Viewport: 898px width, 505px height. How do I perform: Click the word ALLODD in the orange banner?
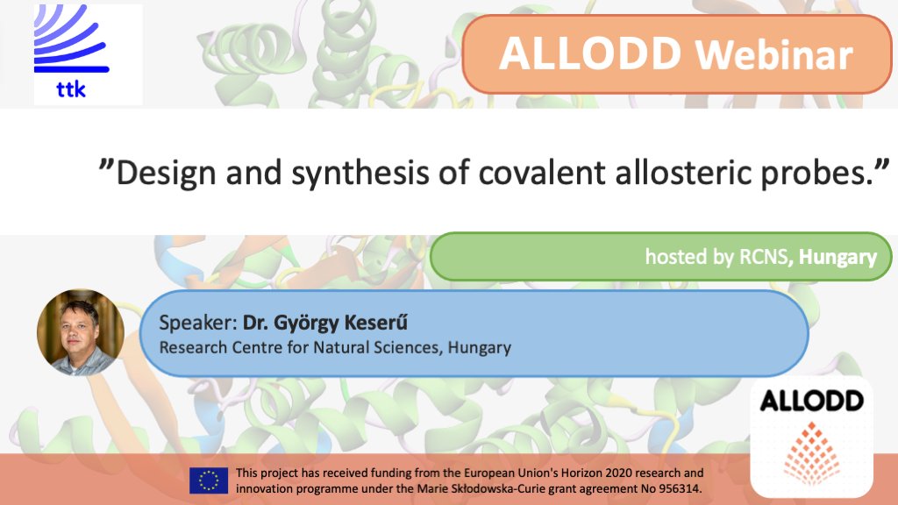[590, 53]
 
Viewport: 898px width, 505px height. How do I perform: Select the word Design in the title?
[166, 173]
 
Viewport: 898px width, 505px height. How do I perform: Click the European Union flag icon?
[209, 480]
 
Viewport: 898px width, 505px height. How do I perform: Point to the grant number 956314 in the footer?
[677, 487]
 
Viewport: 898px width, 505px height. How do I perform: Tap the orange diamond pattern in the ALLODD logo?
[811, 453]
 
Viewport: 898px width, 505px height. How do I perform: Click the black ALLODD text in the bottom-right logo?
[811, 402]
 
